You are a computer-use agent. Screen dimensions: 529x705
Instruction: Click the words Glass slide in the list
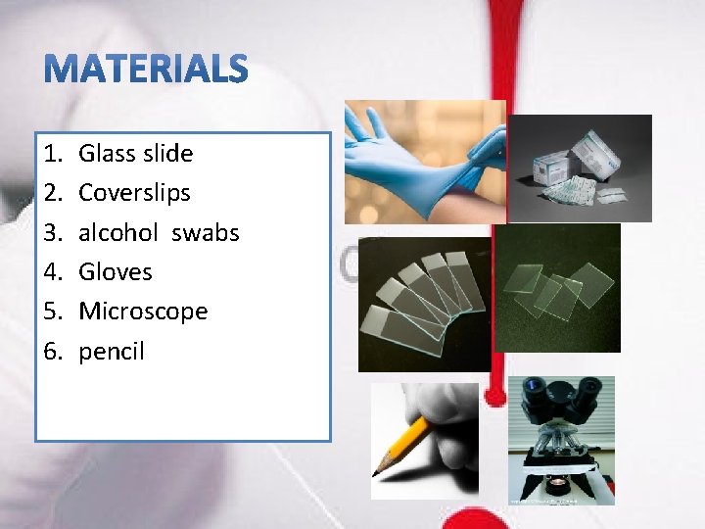135,153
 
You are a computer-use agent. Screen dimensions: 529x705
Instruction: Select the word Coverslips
134,193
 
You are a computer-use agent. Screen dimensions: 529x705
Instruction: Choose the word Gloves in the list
115,271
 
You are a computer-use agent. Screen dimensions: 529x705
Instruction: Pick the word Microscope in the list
143,312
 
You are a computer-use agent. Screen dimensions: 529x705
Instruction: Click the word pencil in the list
111,351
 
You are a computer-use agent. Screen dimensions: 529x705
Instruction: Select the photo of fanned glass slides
423,305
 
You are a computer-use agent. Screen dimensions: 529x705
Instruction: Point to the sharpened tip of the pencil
377,472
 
